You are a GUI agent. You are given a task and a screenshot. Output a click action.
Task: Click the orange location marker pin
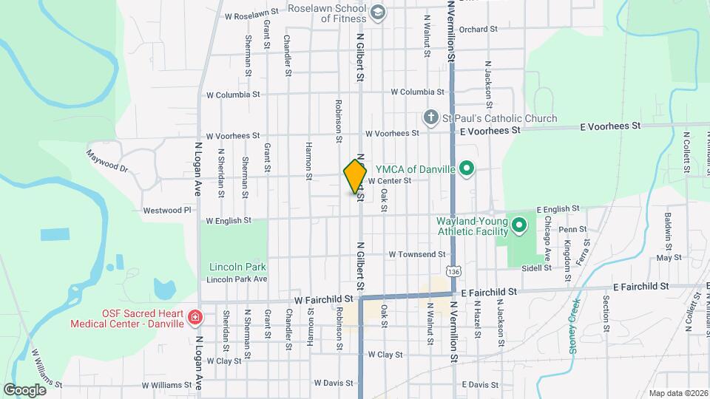coord(356,176)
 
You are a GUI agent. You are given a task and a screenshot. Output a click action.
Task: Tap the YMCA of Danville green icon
coord(466,170)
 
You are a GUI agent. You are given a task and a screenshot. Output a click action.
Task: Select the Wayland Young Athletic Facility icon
coord(519,225)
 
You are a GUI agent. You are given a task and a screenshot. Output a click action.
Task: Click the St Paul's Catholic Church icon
coord(430,118)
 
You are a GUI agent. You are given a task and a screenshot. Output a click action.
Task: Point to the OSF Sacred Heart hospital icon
coord(195,318)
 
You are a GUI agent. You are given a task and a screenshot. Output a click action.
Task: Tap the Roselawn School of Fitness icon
coord(378,12)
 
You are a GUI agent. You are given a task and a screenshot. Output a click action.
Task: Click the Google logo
coord(25,389)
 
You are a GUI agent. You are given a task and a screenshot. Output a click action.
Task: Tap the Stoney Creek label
coord(574,325)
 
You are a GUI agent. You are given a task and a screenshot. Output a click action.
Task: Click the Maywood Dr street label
coord(107,161)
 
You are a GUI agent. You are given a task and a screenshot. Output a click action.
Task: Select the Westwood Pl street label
coord(167,210)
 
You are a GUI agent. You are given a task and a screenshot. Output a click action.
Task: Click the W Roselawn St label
coord(251,13)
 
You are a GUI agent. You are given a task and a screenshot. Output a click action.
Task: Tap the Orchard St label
coord(478,30)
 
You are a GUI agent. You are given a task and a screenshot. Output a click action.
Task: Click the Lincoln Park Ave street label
coord(237,279)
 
